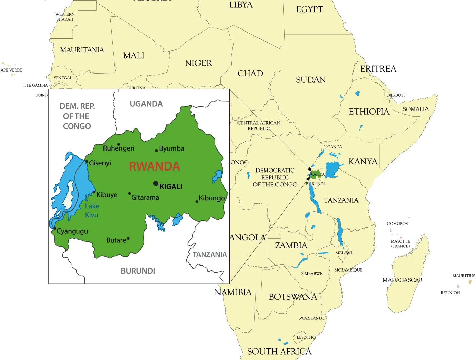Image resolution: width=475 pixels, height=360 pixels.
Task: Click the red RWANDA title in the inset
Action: tap(154, 166)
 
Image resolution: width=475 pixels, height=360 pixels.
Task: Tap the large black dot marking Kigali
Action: tap(156, 183)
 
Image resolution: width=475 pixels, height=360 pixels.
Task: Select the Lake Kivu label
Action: tap(92, 211)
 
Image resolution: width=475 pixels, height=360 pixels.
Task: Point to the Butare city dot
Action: tap(128, 239)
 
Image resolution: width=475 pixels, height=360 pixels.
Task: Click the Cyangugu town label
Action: tap(72, 231)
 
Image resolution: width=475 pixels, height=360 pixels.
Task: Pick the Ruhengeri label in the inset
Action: tap(118, 148)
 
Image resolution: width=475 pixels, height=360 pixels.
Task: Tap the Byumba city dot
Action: tap(156, 151)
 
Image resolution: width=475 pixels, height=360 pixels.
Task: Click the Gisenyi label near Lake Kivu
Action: tap(100, 163)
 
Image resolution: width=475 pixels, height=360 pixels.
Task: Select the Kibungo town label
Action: tap(212, 198)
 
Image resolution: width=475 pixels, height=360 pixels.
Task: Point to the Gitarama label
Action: tap(145, 197)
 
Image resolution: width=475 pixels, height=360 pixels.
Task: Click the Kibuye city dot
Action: tap(94, 192)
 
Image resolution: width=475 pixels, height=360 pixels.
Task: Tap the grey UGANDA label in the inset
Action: tap(146, 104)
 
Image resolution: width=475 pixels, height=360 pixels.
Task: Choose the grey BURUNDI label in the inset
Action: tap(138, 271)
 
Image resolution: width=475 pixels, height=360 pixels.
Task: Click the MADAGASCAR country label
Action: tap(402, 280)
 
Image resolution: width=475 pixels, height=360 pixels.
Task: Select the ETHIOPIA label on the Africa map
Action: tap(369, 112)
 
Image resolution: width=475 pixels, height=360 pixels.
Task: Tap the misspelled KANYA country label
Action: tap(363, 162)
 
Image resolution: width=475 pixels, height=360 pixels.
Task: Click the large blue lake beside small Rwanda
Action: tap(332, 169)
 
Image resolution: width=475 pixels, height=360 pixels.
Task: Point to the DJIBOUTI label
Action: tap(396, 95)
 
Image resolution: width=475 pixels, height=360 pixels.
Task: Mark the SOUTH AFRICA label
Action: tap(279, 352)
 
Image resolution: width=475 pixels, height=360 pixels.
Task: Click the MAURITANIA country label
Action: tap(82, 50)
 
